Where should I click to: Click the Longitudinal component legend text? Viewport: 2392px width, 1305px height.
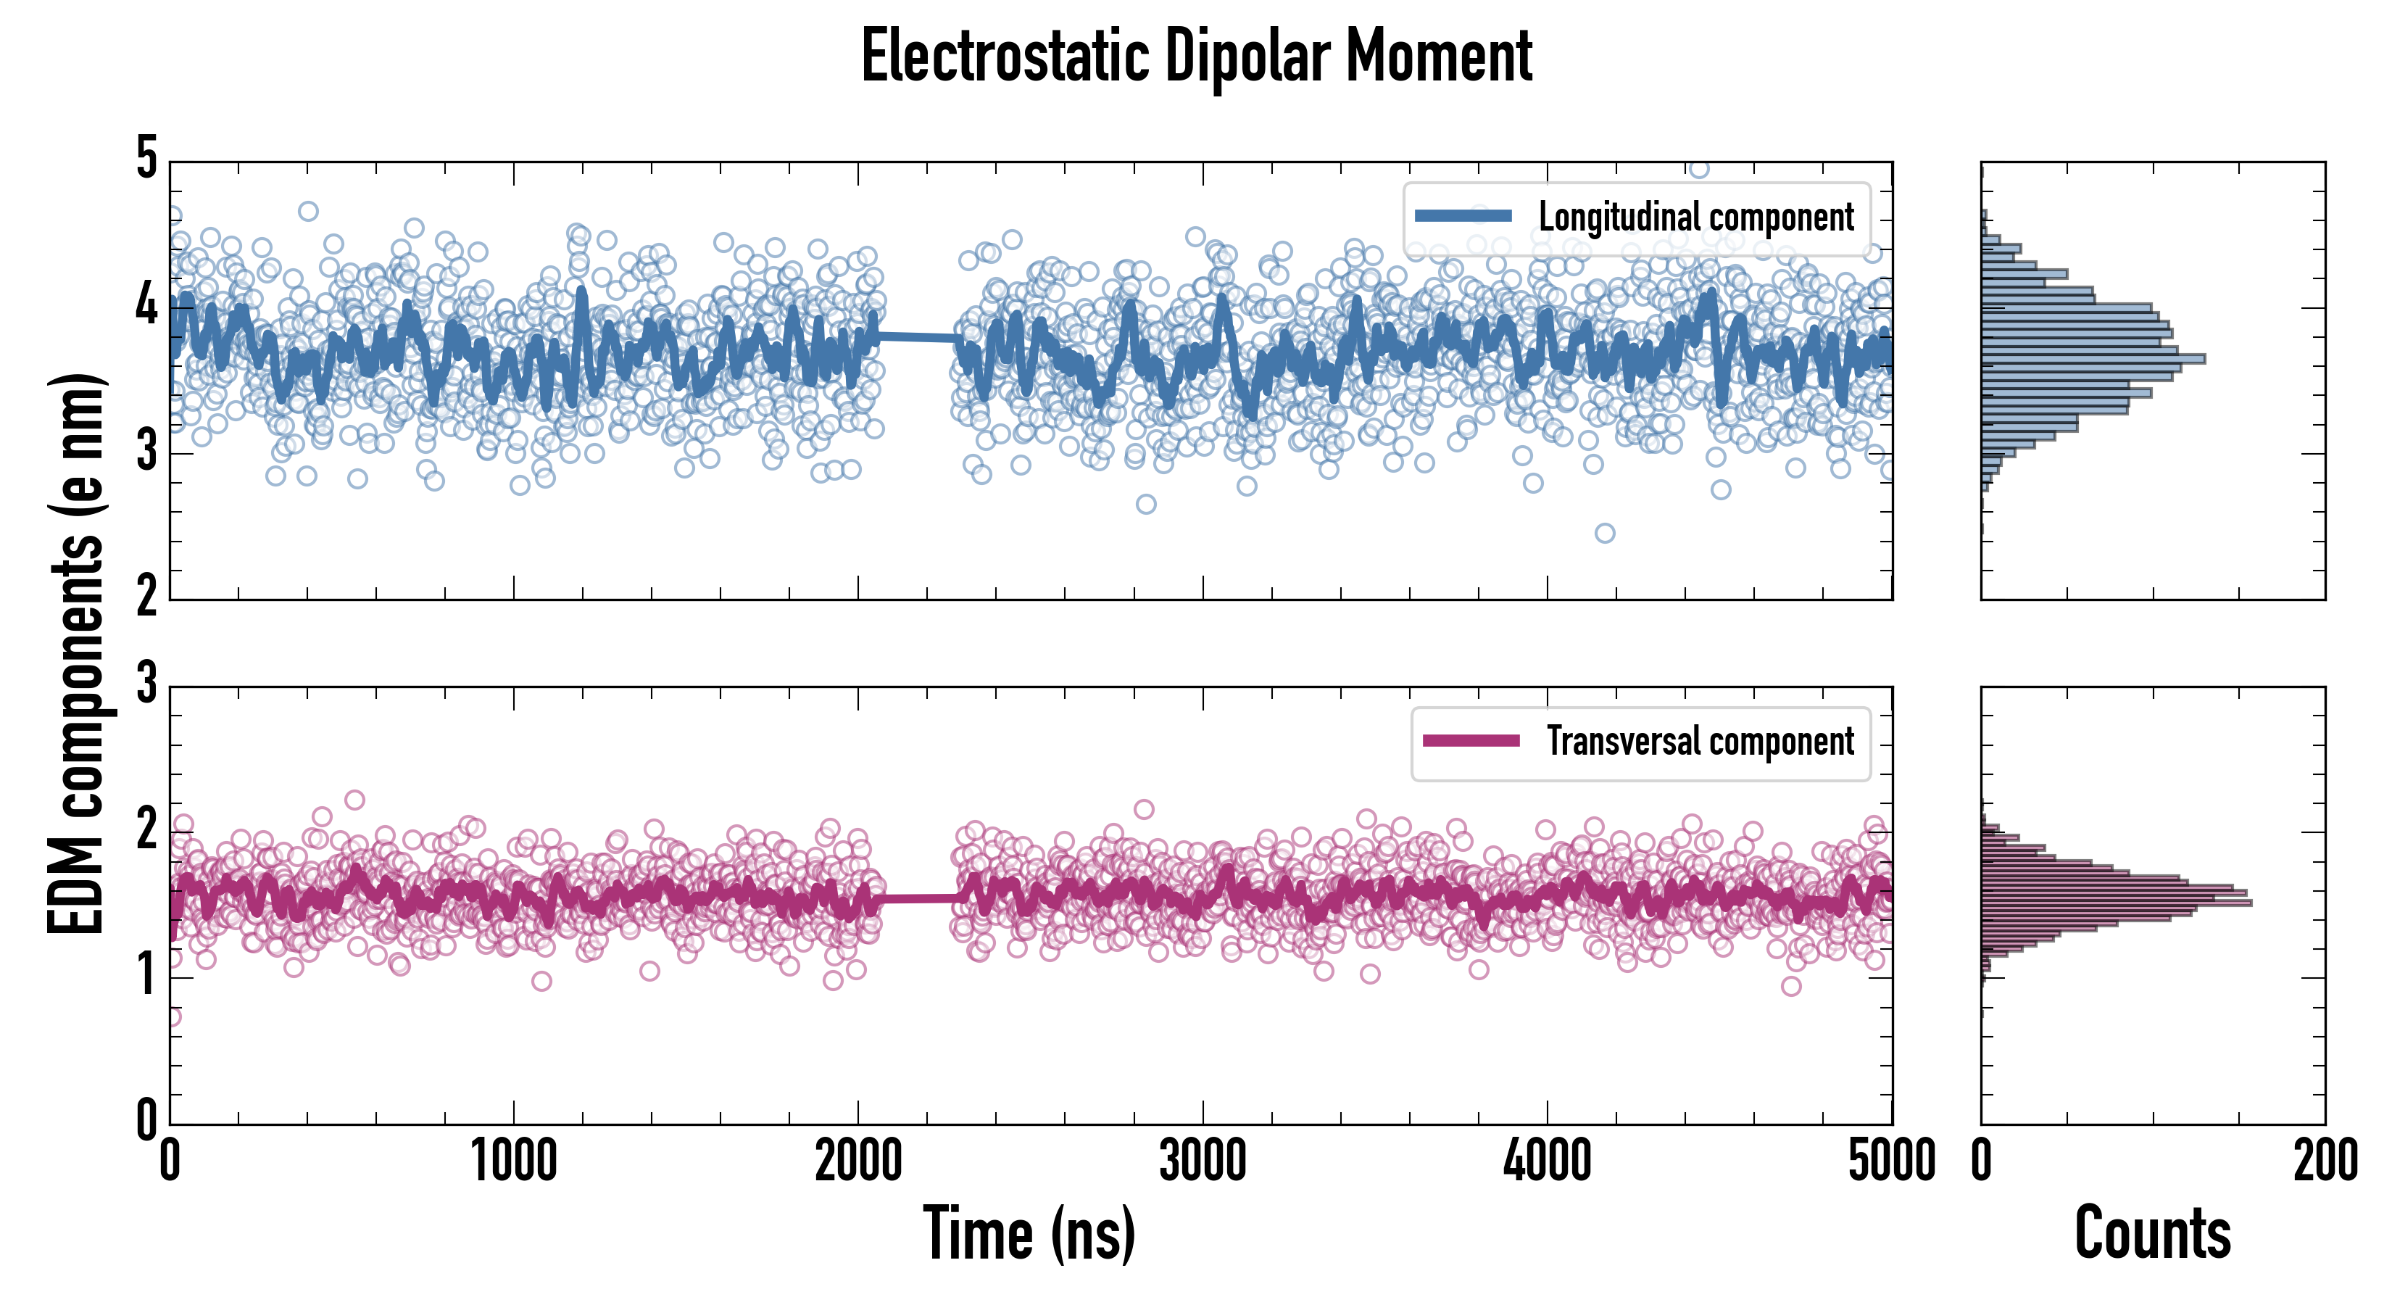[1695, 217]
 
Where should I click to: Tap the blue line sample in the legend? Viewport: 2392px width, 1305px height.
[1463, 217]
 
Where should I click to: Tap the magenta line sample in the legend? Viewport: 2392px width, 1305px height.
[1471, 740]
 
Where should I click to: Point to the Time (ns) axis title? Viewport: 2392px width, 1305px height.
[1029, 1233]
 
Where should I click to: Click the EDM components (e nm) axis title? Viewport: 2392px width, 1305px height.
[76, 654]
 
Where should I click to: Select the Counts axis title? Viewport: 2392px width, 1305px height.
[2152, 1233]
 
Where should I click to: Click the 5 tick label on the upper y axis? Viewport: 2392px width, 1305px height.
[146, 158]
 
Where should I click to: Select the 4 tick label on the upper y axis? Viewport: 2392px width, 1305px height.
[146, 304]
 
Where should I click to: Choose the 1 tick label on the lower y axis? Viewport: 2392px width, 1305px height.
[146, 975]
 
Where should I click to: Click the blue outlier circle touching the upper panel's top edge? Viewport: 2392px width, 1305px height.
[1698, 169]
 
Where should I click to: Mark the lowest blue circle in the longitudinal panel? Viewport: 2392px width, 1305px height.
[1605, 533]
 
